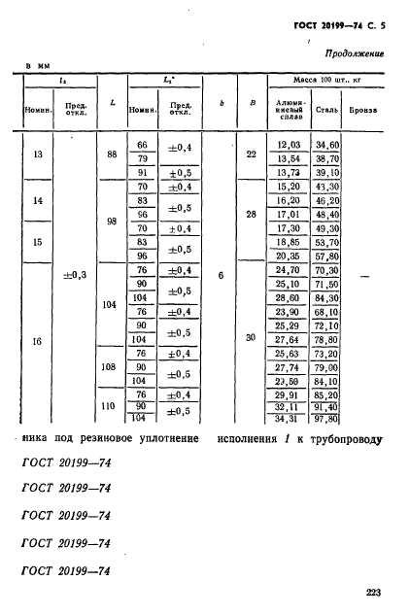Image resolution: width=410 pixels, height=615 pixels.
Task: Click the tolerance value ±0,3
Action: pyautogui.click(x=75, y=275)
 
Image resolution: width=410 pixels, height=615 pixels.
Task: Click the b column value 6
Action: pyautogui.click(x=221, y=276)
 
